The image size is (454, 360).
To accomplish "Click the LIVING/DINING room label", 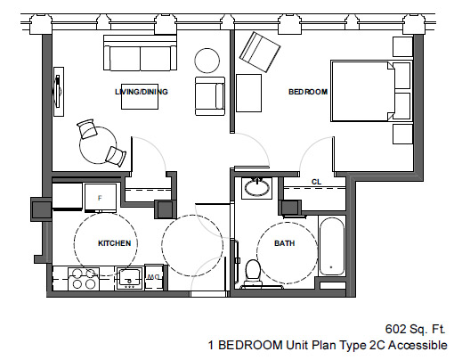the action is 142,92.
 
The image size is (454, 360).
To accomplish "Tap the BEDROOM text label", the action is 308,92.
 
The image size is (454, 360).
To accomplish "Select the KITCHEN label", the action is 115,243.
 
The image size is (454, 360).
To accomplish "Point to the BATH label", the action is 285,243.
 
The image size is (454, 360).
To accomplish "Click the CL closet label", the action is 316,182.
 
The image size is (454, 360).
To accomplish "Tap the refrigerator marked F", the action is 101,198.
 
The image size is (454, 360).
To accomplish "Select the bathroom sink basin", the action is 257,188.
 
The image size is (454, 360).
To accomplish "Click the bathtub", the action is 332,246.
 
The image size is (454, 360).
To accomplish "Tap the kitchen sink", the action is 130,278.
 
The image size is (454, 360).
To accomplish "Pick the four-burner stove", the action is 84,279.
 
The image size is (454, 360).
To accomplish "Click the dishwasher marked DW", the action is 154,277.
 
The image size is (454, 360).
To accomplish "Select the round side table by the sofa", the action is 207,61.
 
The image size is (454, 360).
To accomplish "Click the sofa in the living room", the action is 140,53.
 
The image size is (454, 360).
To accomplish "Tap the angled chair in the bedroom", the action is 260,52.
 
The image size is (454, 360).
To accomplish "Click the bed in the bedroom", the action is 363,91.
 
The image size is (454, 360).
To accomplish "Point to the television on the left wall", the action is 59,92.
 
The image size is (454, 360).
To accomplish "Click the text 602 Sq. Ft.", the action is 416,329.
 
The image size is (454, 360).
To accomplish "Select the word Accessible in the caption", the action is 418,345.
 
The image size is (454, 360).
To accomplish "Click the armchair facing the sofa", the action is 210,96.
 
